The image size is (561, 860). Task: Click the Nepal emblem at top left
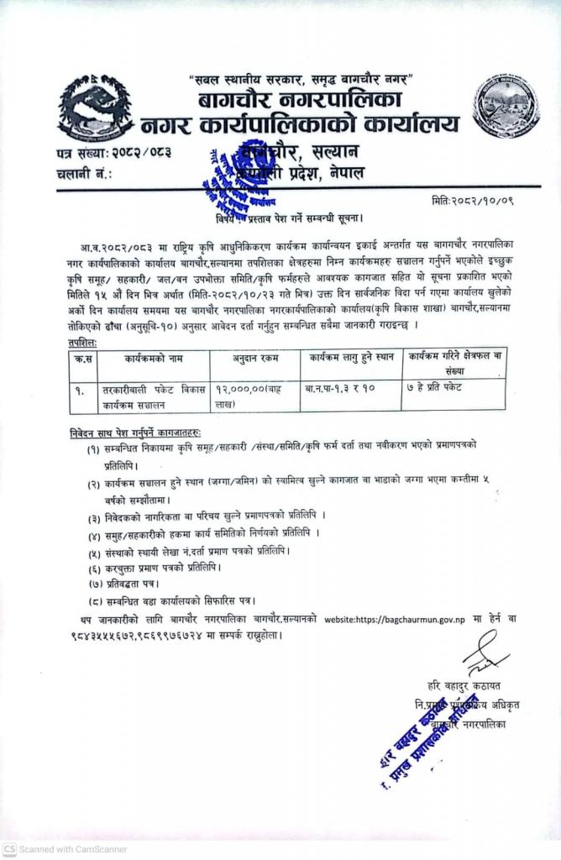pos(96,109)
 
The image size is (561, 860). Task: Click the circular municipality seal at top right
pos(505,105)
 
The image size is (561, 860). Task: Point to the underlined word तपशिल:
pos(83,343)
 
